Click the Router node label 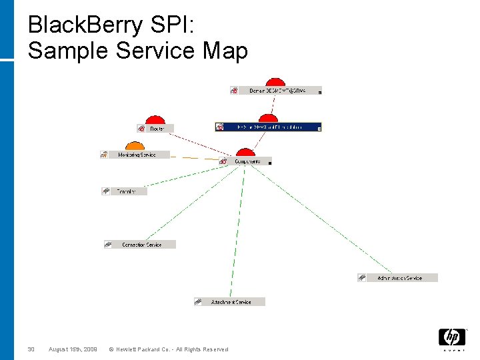click(x=158, y=128)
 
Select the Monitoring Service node click(x=137, y=155)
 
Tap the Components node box click(x=247, y=161)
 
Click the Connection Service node click(x=141, y=245)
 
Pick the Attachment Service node click(x=231, y=302)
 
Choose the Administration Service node click(x=399, y=278)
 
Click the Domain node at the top click(x=277, y=91)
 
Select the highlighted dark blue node click(x=269, y=127)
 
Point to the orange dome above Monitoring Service click(x=135, y=146)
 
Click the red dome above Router click(x=155, y=119)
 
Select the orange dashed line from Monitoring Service click(x=197, y=158)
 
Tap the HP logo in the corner click(x=451, y=338)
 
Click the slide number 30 click(x=31, y=349)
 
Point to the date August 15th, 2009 click(x=73, y=349)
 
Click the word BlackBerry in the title click(x=85, y=25)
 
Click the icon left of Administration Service click(x=362, y=278)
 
